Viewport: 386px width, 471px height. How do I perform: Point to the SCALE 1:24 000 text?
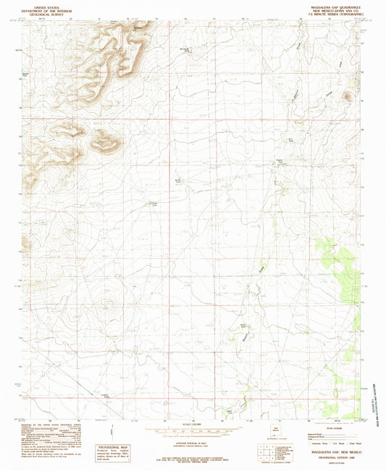coord(192,424)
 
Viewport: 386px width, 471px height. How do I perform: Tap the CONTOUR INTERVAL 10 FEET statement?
coord(192,440)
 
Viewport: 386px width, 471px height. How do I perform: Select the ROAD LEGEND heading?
coord(319,427)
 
